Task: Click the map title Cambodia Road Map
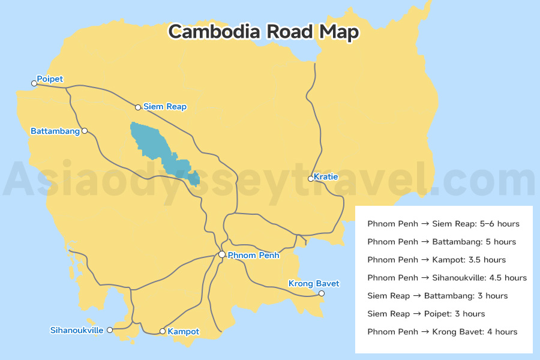coord(263,31)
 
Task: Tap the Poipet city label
coord(50,79)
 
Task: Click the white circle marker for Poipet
coord(34,83)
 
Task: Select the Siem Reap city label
coord(165,107)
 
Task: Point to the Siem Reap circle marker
coord(138,107)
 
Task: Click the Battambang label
coord(55,131)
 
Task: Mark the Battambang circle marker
coord(85,131)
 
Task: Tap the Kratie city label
coord(326,177)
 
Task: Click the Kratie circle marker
coord(310,178)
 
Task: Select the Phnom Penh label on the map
coord(253,255)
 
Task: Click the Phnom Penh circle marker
coord(222,255)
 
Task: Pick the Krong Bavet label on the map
coord(314,283)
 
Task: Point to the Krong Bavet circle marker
coord(322,293)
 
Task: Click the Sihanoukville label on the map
coord(77,330)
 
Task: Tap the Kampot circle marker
coord(162,331)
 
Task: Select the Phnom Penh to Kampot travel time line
coord(436,260)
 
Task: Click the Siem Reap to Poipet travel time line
coord(426,314)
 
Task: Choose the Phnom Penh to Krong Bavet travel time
coord(442,332)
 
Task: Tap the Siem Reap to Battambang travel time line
coord(437,296)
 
